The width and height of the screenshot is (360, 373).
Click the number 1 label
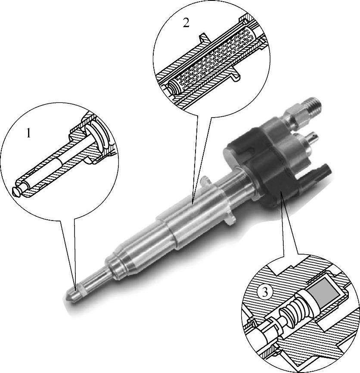click(x=28, y=133)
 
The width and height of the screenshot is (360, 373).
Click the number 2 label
click(x=186, y=23)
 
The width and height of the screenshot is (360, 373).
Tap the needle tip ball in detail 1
click(x=17, y=192)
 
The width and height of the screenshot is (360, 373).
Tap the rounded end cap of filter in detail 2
click(x=174, y=87)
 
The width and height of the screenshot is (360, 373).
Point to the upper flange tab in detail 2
click(x=203, y=38)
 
